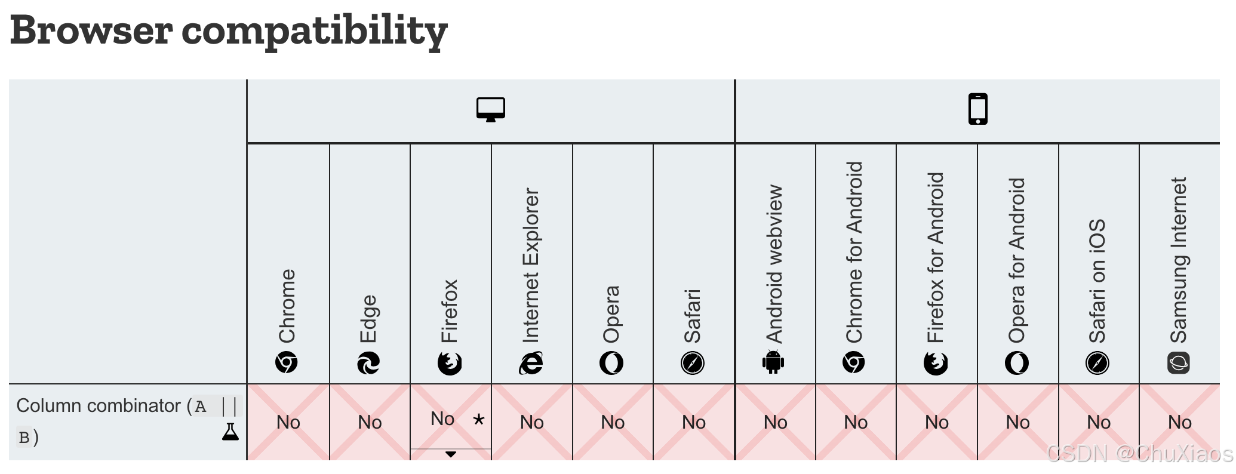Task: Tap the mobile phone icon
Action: click(978, 109)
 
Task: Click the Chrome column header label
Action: click(287, 306)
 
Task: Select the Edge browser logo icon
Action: click(368, 363)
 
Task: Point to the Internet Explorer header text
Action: click(531, 265)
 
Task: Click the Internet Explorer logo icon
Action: click(531, 363)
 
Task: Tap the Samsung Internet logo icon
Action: click(1179, 363)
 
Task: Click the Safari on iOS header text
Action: click(1097, 281)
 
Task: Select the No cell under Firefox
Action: click(442, 419)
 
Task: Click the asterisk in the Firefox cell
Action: click(479, 419)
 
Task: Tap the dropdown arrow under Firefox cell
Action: click(451, 454)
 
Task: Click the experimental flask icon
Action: click(230, 432)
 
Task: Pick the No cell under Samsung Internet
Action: click(1180, 423)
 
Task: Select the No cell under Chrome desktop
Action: click(288, 423)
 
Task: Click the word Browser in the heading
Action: click(91, 30)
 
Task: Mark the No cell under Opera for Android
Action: click(1018, 423)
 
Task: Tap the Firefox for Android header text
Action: click(936, 257)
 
